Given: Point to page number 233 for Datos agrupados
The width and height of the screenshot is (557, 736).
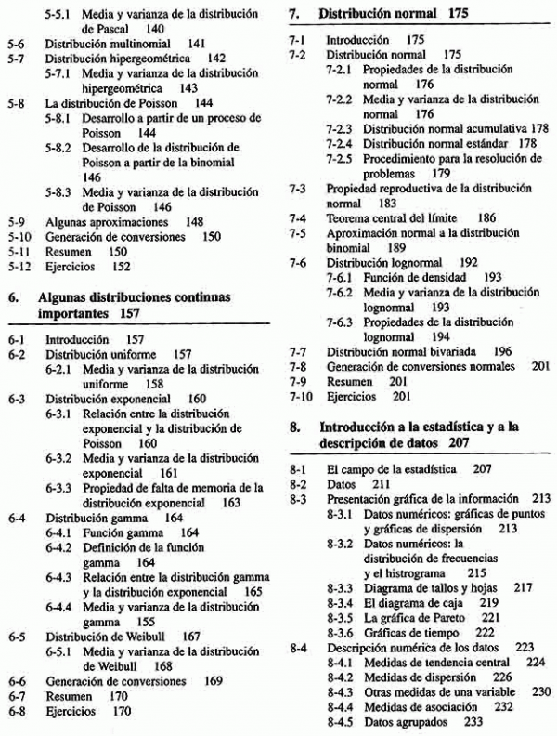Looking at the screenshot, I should (474, 720).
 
